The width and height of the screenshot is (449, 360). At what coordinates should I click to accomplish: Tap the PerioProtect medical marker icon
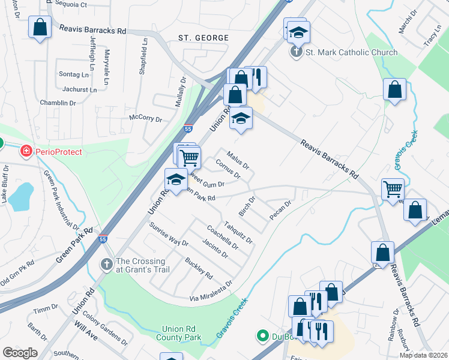coord(26,152)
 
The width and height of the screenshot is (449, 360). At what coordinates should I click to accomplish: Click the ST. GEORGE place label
coord(203,38)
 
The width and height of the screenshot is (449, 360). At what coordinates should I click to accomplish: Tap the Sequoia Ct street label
coord(71,4)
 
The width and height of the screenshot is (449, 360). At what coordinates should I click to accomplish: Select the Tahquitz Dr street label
coord(238,232)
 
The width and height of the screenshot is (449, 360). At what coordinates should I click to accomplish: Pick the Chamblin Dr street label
coord(58,103)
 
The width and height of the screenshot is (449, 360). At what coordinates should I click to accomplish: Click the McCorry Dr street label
coord(146,119)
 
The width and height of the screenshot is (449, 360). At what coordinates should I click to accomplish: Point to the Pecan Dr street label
coord(280,211)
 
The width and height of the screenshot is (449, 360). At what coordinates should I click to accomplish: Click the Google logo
coord(20,353)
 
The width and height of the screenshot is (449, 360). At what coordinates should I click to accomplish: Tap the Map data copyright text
coord(423,355)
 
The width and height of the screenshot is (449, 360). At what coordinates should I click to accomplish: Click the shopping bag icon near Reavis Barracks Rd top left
coord(40,28)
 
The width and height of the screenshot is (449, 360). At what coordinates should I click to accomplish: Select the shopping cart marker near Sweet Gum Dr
coord(189,158)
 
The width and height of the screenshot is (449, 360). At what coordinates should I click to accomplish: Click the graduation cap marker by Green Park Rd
coord(176,179)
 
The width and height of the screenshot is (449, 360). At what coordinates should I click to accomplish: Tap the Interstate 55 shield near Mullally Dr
coord(188,129)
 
